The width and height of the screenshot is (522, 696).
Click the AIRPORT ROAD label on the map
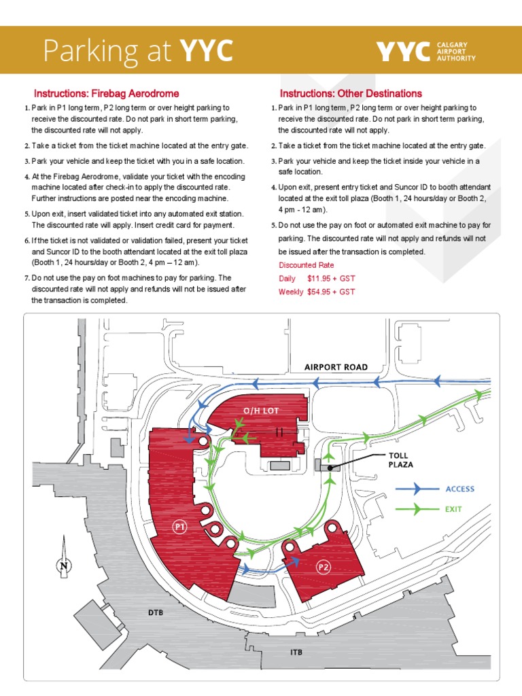[x=336, y=367]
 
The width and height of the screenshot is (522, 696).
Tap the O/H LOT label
[x=262, y=411]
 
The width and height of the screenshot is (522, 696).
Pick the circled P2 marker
[x=324, y=565]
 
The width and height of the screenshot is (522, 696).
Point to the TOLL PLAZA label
[x=401, y=460]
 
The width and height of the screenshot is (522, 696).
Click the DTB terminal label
[x=156, y=612]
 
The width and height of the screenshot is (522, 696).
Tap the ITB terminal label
[x=296, y=652]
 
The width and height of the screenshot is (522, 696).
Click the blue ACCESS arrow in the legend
[x=417, y=489]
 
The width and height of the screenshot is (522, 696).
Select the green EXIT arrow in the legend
[x=417, y=508]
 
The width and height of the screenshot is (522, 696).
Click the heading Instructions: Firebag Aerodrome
[x=107, y=94]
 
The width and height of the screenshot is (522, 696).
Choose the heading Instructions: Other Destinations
[x=351, y=94]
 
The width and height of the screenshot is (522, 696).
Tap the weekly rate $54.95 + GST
[x=330, y=292]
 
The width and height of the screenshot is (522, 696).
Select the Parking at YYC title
[x=138, y=50]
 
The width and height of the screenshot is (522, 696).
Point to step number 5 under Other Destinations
[x=273, y=225]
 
